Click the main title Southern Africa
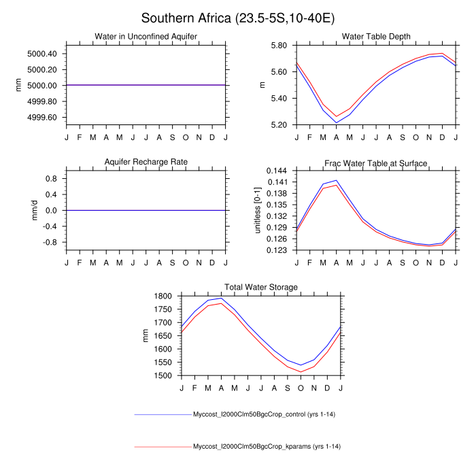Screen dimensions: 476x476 [x=237, y=18]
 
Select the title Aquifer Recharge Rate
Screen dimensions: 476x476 [x=146, y=162]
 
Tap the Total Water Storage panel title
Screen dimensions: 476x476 [x=261, y=287]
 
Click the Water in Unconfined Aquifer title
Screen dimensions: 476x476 [x=146, y=37]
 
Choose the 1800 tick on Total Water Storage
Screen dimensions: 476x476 [x=165, y=296]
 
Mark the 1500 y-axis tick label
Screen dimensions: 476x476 [x=165, y=375]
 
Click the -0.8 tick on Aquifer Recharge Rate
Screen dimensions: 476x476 [x=50, y=242]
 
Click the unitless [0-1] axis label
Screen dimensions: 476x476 [x=258, y=210]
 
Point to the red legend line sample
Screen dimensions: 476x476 [x=163, y=447]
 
